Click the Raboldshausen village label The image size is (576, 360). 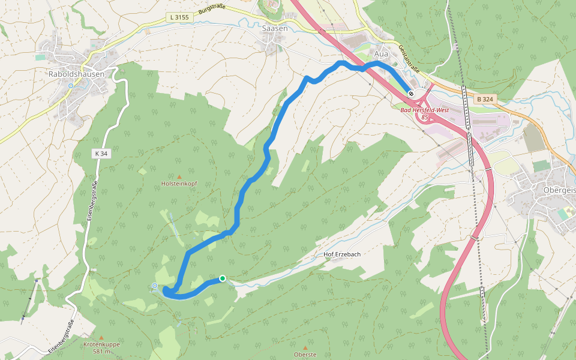pyautogui.click(x=76, y=74)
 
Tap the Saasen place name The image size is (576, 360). pyautogui.click(x=275, y=28)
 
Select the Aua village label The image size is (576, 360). pyautogui.click(x=382, y=54)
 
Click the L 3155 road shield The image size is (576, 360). pyautogui.click(x=179, y=17)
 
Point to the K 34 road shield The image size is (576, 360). pyautogui.click(x=100, y=154)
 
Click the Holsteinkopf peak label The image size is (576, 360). pyautogui.click(x=179, y=184)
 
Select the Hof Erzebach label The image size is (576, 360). pyautogui.click(x=342, y=254)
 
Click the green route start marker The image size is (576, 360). pyautogui.click(x=223, y=278)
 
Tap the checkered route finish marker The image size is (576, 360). pyautogui.click(x=411, y=93)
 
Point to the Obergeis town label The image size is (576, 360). pyautogui.click(x=559, y=190)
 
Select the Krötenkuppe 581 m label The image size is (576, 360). pyautogui.click(x=101, y=348)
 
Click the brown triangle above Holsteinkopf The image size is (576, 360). pyautogui.click(x=178, y=176)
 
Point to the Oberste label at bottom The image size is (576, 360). pyautogui.click(x=305, y=355)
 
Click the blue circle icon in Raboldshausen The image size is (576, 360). pyautogui.click(x=71, y=86)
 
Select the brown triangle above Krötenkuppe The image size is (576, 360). pyautogui.click(x=101, y=338)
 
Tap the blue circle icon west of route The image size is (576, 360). pyautogui.click(x=155, y=286)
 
